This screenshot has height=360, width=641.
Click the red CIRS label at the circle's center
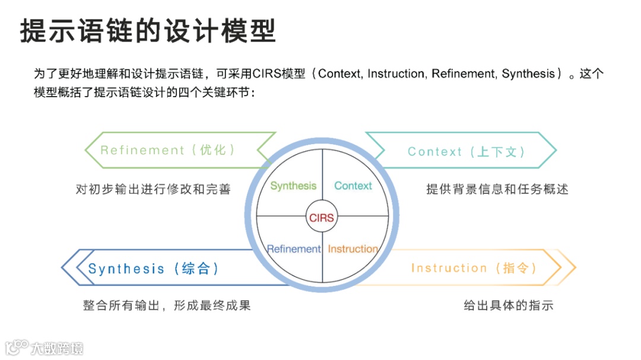(322, 218)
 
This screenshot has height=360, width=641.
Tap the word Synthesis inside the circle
(293, 186)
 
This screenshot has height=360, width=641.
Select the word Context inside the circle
(353, 186)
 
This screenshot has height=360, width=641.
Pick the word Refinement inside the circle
(294, 249)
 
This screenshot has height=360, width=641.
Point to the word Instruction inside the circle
(353, 249)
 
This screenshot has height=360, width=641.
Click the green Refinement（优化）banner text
(168, 150)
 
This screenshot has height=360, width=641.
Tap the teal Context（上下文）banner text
(467, 151)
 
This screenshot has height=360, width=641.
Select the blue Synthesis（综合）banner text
(154, 269)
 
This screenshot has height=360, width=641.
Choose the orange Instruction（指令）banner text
(474, 268)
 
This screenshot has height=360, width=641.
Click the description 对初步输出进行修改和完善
(153, 189)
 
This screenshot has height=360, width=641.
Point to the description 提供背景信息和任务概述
(497, 189)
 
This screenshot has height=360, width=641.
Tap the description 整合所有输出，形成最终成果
(167, 306)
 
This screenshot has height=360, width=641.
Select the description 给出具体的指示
(508, 306)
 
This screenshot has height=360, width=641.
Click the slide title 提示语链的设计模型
(148, 31)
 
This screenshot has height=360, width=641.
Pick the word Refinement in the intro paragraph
(464, 74)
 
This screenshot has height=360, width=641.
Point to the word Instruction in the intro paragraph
(396, 74)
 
